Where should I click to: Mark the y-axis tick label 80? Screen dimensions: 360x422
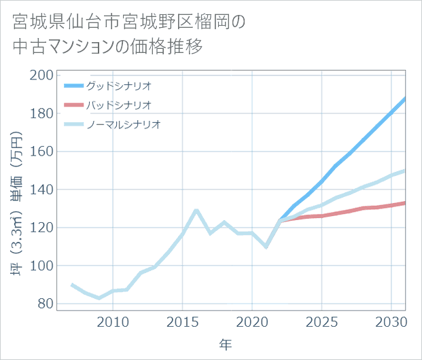coord(45,304)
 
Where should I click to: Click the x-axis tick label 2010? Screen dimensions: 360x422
coord(113,321)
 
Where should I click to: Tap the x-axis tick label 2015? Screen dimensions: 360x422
coord(182,321)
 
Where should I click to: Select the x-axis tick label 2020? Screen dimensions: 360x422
coord(252,321)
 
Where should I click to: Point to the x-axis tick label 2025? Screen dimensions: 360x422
coord(321,321)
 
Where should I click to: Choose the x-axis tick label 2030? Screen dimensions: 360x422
coord(391,321)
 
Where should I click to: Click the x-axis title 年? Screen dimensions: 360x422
coord(225,345)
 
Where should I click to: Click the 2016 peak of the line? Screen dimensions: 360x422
coord(196,210)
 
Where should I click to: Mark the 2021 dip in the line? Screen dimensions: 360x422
coord(266,247)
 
